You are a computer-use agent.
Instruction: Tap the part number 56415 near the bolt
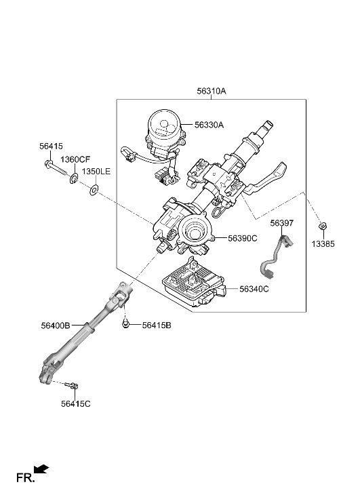(50, 146)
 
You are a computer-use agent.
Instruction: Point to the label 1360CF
(75, 159)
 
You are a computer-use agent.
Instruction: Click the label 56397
(281, 222)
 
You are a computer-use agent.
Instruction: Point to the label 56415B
(157, 326)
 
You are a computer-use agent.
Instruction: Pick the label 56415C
(75, 404)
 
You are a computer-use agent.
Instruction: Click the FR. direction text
(25, 479)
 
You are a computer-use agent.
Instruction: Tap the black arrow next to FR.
(41, 469)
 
